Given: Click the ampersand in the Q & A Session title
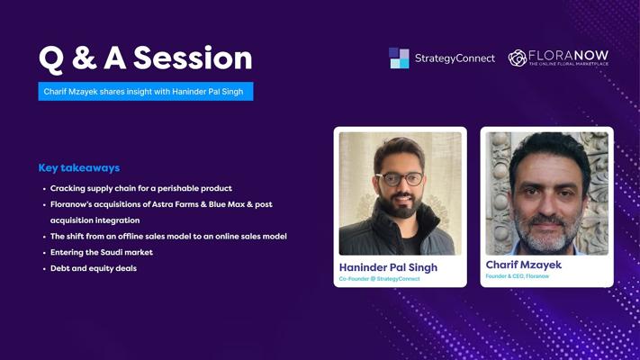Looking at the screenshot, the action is [84, 58].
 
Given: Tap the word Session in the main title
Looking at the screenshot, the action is [193, 58].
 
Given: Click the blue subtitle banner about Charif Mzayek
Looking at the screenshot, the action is [146, 92].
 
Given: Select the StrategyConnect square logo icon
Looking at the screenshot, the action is [399, 58].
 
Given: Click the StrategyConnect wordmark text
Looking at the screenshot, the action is [455, 58].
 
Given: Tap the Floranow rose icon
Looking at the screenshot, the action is [518, 58].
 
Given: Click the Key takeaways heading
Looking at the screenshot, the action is [79, 167].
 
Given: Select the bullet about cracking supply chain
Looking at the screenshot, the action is [140, 188].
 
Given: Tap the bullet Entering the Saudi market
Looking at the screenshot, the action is [102, 252].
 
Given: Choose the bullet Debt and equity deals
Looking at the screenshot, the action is [94, 268].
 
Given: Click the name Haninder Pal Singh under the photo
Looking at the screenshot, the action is [388, 267].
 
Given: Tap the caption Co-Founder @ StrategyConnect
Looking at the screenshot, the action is [379, 279].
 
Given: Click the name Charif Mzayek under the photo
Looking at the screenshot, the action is [524, 265].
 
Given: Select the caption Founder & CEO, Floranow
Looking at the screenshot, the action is [518, 276].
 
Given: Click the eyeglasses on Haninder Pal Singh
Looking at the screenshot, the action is [399, 179].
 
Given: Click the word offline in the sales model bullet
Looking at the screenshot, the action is [131, 237].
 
